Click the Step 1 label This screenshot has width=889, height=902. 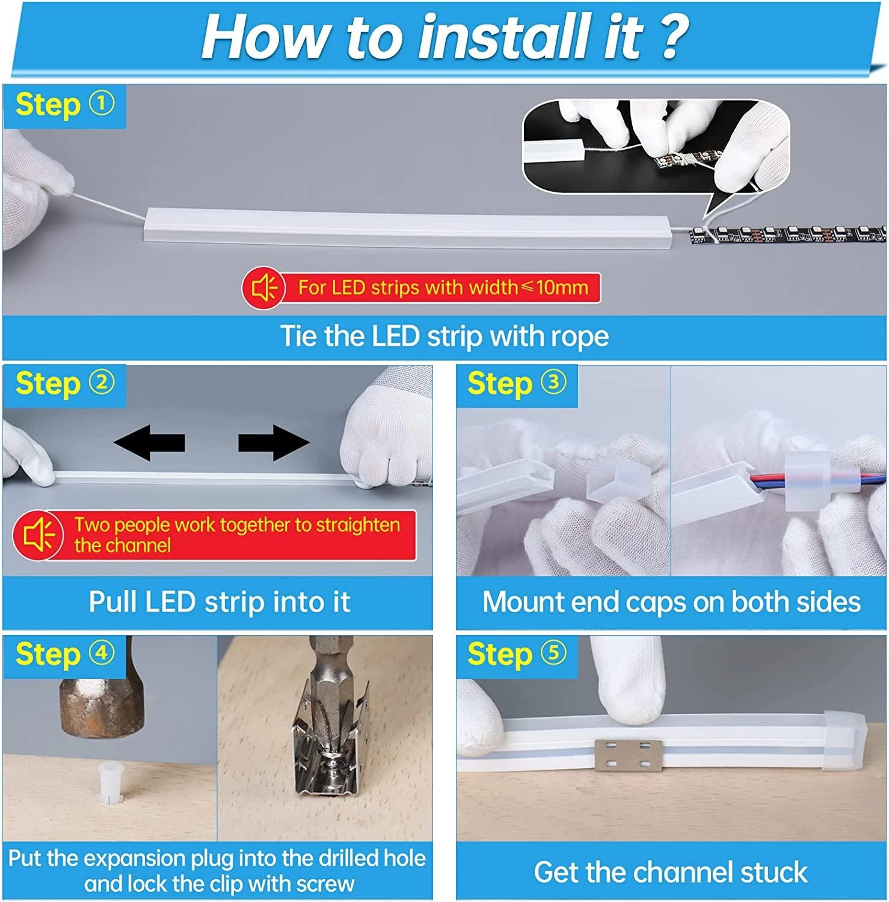coord(65,105)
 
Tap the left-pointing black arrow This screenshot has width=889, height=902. coord(149,443)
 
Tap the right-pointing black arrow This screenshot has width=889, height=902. coord(274,443)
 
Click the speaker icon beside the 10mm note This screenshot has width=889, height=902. coord(263,289)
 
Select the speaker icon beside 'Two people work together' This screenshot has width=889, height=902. coord(38,535)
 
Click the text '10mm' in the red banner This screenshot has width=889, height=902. coord(562,287)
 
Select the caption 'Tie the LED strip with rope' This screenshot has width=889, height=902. coord(444,336)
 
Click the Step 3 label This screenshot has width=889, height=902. coord(517,384)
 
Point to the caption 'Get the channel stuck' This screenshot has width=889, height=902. coord(671,872)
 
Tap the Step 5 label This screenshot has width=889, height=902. coord(517,654)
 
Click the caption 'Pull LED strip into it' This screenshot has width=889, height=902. coord(220,602)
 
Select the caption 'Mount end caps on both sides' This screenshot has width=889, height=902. coord(671,602)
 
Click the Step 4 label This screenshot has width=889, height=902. coord(65,654)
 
